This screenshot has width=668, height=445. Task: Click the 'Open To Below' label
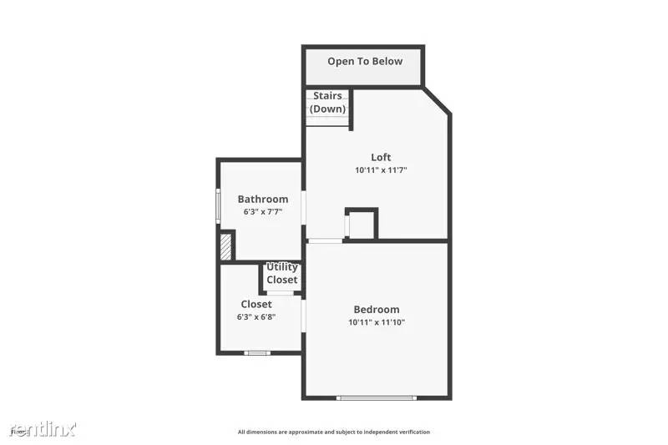click(x=364, y=61)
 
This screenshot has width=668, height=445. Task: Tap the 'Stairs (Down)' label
click(x=327, y=103)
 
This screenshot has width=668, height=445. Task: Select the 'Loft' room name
click(x=381, y=157)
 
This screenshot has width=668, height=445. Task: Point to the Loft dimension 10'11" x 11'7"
click(x=381, y=170)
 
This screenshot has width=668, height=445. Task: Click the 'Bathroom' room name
click(x=263, y=199)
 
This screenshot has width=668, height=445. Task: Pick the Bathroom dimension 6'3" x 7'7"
click(x=263, y=212)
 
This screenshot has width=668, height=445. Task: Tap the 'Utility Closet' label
click(x=282, y=274)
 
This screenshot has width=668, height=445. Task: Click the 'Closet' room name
click(x=256, y=304)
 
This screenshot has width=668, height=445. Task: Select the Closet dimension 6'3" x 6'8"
click(x=256, y=317)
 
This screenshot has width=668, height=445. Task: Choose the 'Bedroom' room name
click(x=377, y=309)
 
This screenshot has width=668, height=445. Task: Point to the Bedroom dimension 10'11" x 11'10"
click(x=377, y=322)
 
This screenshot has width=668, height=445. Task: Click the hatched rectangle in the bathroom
click(x=225, y=246)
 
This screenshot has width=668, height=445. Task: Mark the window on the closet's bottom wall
click(x=257, y=353)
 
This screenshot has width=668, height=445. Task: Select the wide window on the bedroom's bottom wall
click(x=376, y=397)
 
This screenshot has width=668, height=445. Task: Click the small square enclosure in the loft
click(x=362, y=224)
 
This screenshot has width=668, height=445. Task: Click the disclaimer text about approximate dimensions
click(x=334, y=432)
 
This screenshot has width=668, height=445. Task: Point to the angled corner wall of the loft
click(x=437, y=101)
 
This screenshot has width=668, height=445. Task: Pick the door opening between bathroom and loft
click(x=304, y=206)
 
